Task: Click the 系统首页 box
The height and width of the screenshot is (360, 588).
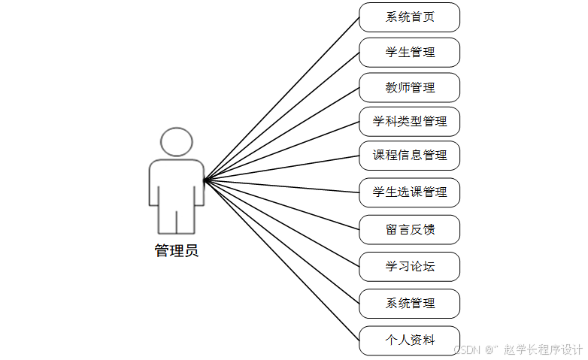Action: (x=409, y=17)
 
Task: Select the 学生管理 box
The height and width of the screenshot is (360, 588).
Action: (x=409, y=53)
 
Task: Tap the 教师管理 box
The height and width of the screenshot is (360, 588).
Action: (x=409, y=87)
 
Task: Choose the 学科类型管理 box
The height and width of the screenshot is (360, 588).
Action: (x=409, y=121)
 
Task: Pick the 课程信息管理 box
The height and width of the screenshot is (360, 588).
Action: (x=409, y=156)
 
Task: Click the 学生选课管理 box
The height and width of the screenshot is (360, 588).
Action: (x=409, y=192)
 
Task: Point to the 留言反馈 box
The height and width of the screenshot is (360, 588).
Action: (x=409, y=230)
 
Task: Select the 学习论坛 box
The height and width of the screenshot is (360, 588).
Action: (x=409, y=267)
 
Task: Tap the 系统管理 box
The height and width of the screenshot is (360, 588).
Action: (x=409, y=304)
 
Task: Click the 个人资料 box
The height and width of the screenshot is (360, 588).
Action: (x=409, y=340)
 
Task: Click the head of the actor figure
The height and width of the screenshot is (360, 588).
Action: (x=177, y=142)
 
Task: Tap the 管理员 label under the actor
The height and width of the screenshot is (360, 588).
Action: (x=177, y=251)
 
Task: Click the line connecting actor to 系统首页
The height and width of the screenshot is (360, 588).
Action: (x=282, y=98)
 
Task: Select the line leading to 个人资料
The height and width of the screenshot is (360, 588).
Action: (x=282, y=260)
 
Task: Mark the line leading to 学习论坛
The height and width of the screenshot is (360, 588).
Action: (x=282, y=223)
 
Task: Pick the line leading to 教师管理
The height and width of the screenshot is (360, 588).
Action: (x=282, y=133)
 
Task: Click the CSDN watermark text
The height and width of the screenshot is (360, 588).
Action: (x=519, y=349)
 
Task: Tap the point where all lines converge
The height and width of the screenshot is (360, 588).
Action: (x=205, y=180)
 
